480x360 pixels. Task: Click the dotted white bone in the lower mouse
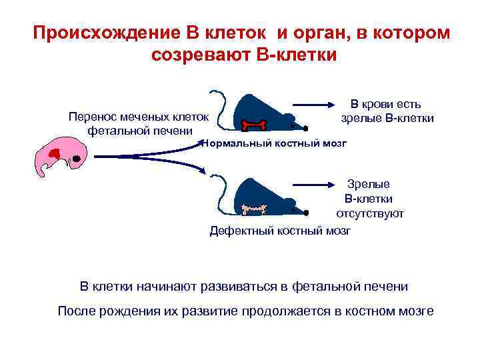(x=255, y=209)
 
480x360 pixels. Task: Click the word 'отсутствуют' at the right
(x=370, y=213)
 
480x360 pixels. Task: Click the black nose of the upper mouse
(x=305, y=127)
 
